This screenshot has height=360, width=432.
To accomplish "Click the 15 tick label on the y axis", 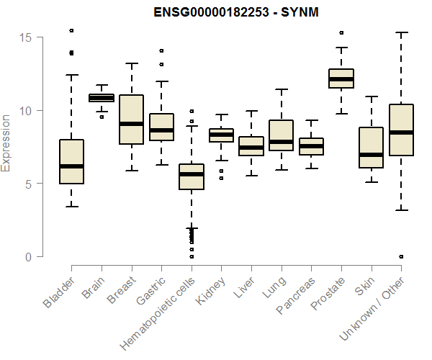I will (x=27, y=37).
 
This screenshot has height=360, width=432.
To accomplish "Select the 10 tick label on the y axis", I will (x=27, y=111).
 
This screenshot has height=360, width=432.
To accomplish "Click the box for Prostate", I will (x=341, y=78).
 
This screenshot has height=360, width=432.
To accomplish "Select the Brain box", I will (x=101, y=97).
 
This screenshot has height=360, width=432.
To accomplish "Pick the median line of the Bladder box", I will (x=71, y=166).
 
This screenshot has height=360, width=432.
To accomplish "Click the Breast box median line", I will (x=131, y=124).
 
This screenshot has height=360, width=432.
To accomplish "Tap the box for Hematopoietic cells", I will (x=191, y=187).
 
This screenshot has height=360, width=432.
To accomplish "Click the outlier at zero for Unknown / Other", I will (x=401, y=256).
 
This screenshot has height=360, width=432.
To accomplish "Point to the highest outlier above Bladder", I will (x=71, y=30).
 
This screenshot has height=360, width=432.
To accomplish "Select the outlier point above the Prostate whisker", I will (x=341, y=32).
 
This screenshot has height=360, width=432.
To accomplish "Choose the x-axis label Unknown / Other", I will (x=383, y=308).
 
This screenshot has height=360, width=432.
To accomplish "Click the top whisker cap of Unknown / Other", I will (x=401, y=32).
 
